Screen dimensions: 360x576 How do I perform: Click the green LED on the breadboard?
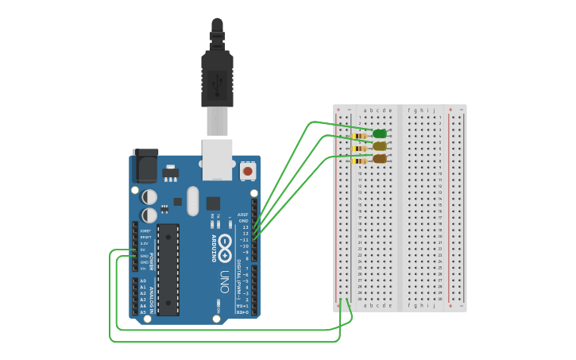pyautogui.click(x=380, y=134)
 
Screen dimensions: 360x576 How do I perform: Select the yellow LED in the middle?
pyautogui.click(x=380, y=146)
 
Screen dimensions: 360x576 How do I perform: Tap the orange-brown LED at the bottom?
pyautogui.click(x=380, y=159)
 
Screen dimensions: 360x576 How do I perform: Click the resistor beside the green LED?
pyautogui.click(x=360, y=137)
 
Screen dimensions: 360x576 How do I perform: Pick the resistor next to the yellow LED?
pyautogui.click(x=360, y=149)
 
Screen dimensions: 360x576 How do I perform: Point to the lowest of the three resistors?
pyautogui.click(x=360, y=161)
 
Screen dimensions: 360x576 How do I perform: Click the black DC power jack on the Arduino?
pyautogui.click(x=145, y=165)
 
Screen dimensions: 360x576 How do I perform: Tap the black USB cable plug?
pyautogui.click(x=217, y=75)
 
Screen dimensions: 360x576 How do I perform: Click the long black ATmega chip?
pyautogui.click(x=168, y=269)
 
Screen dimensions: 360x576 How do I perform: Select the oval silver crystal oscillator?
pyautogui.click(x=193, y=201)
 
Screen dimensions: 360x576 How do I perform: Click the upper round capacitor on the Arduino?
pyautogui.click(x=149, y=196)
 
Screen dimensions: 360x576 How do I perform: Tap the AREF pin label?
pyautogui.click(x=244, y=215)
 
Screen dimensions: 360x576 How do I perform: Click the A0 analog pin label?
pyautogui.click(x=143, y=281)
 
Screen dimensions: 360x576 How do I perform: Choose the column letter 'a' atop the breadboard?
pyautogui.click(x=363, y=110)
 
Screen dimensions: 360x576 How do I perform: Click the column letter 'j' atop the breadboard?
pyautogui.click(x=434, y=110)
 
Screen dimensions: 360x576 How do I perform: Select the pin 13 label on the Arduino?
pyautogui.click(x=245, y=227)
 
